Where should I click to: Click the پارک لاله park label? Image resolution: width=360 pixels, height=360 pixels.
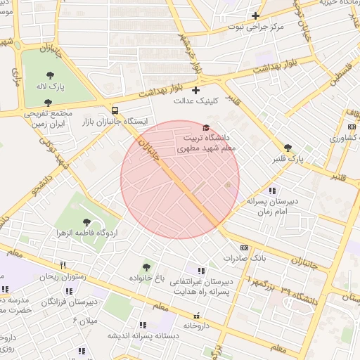52,86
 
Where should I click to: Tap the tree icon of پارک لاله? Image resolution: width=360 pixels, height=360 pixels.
52,74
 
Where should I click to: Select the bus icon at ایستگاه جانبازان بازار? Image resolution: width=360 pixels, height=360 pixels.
115,110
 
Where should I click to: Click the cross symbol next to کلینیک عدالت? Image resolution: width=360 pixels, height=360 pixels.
195,89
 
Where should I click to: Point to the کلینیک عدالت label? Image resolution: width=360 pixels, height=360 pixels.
197,101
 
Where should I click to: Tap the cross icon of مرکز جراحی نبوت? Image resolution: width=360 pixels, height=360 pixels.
256,15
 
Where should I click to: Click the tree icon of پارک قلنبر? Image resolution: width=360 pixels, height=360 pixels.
288,148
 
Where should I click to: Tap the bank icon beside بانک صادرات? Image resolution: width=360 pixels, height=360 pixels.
244,247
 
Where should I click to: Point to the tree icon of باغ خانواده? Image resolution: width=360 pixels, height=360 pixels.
146,266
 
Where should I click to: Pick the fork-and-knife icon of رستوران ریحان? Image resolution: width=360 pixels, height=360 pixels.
63,265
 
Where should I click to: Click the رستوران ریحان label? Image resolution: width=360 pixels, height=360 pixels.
63,277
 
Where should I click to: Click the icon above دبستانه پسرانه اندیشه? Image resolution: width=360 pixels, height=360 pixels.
143,325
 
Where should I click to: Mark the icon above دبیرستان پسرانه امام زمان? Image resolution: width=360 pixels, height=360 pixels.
272,191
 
